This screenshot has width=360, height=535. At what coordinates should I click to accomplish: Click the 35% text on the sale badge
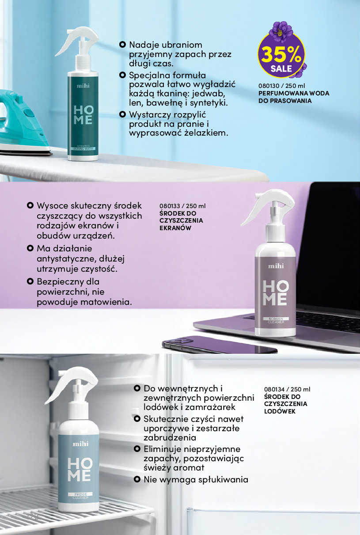point(281,55)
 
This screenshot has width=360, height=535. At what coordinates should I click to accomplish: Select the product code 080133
point(170,206)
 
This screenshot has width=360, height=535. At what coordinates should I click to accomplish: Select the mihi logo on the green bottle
point(83,86)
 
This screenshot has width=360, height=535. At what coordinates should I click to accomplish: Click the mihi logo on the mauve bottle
point(276,266)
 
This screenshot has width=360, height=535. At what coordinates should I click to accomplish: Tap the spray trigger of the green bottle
point(76,41)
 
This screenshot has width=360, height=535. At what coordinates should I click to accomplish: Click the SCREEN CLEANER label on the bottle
point(276,320)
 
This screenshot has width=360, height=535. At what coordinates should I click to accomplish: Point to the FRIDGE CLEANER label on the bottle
point(80,496)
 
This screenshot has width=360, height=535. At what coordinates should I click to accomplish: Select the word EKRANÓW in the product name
point(175,228)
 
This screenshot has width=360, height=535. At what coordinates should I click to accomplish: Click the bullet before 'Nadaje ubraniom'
point(122,45)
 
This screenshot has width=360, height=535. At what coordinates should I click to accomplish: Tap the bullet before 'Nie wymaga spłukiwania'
point(137,479)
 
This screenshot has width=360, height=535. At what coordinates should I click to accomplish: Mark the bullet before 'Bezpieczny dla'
point(30,281)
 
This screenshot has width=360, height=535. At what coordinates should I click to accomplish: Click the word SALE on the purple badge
point(281,69)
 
